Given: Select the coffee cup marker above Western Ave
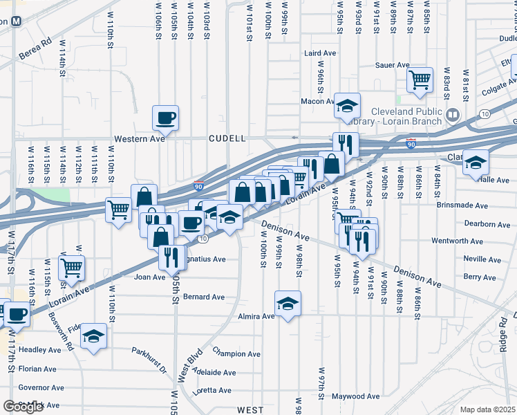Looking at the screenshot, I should tap(165, 118).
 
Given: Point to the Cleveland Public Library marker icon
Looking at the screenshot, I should tap(453, 114).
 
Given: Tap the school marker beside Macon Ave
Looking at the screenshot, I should tap(347, 105).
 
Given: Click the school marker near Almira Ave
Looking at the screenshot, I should tap(288, 302).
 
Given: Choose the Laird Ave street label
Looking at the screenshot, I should tap(320, 53).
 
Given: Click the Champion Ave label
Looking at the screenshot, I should tap(236, 353).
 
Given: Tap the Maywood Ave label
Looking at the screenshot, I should tap(355, 397).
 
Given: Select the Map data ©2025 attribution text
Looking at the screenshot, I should tap(488, 409).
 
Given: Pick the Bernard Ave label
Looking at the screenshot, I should tap(204, 297).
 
